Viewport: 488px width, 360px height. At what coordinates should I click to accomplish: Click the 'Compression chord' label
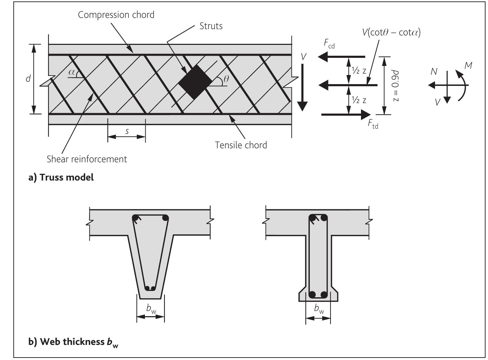(x=116, y=15)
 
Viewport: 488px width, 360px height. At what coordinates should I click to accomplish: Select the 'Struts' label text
(x=211, y=26)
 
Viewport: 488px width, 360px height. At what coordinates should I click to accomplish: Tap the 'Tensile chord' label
(x=241, y=145)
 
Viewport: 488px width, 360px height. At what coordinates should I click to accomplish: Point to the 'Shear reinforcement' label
(x=87, y=159)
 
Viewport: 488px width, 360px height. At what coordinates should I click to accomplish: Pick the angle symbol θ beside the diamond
(x=226, y=79)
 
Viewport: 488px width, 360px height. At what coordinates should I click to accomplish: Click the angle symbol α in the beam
(x=72, y=72)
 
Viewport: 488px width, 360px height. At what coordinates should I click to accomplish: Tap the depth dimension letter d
(x=28, y=79)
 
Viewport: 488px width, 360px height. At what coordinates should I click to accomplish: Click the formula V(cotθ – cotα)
(x=391, y=33)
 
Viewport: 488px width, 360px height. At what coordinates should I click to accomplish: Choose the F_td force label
(x=373, y=124)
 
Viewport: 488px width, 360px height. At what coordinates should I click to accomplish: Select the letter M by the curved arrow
(x=468, y=66)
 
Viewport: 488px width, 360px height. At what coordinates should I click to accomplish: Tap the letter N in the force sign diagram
(x=434, y=72)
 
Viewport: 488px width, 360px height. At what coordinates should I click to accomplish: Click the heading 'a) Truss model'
(x=61, y=177)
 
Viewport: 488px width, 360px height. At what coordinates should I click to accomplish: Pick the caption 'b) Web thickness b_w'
(x=73, y=342)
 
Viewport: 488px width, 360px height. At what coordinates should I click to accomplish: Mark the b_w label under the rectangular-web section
(x=319, y=309)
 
